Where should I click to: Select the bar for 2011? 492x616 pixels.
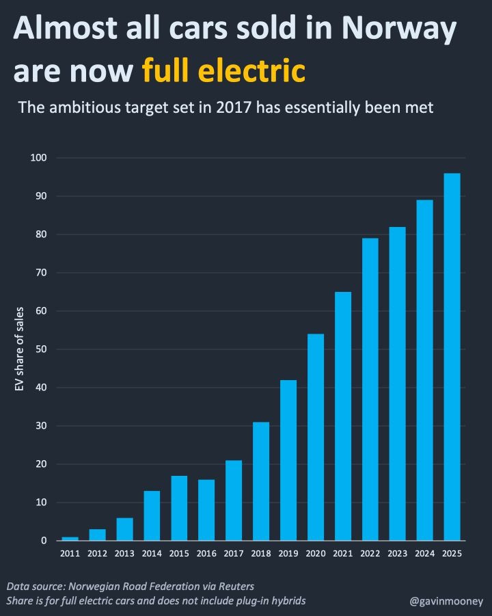[x=70, y=539]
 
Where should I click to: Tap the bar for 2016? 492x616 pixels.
[x=206, y=510]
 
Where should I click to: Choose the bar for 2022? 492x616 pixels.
[x=370, y=389]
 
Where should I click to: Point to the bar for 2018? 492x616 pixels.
[x=261, y=481]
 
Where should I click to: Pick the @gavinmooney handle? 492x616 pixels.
[x=446, y=601]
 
